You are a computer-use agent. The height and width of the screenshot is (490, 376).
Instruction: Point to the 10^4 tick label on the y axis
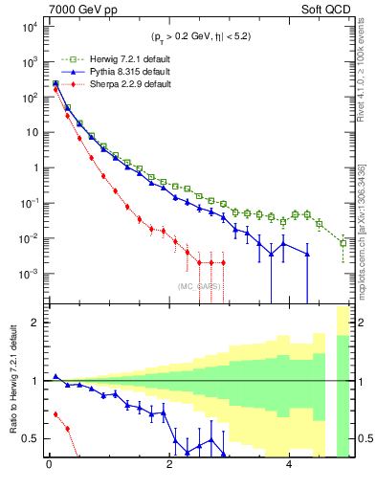click(x=26, y=26)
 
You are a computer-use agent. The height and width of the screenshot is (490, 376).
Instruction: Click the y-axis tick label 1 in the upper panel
click(x=33, y=167)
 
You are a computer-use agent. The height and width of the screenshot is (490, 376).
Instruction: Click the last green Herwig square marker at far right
click(x=343, y=243)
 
